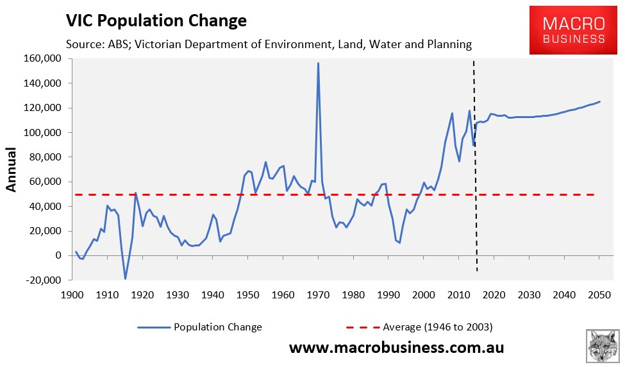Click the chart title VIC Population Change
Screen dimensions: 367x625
pos(156,21)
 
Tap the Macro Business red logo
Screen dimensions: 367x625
pos(574,31)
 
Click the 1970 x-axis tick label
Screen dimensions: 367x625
pos(318,295)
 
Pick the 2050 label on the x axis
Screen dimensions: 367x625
pos(599,295)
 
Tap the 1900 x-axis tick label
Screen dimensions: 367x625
pos(72,295)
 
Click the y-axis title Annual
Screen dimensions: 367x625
pos(12,169)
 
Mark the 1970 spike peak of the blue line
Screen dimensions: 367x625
pos(318,63)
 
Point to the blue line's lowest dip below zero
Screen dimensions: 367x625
pos(125,278)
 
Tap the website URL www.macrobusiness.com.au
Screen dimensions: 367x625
pos(396,348)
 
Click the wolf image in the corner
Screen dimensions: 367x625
pos(603,346)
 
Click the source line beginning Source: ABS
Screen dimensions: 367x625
pos(269,44)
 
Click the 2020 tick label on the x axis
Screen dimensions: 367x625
pos(494,295)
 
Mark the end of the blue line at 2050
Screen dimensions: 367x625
pos(599,101)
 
